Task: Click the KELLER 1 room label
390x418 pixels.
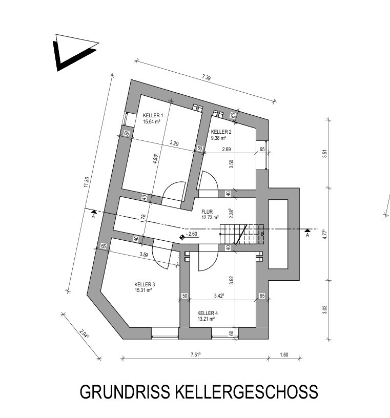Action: point(153,116)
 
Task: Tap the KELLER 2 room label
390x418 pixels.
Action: point(221,132)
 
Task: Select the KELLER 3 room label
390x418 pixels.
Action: point(145,284)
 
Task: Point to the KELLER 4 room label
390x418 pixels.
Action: point(208,312)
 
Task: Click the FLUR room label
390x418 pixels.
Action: point(207,211)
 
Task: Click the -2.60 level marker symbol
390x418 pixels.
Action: point(182,237)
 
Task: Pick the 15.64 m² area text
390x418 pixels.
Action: point(152,122)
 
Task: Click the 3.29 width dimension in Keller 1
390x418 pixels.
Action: point(175,144)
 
